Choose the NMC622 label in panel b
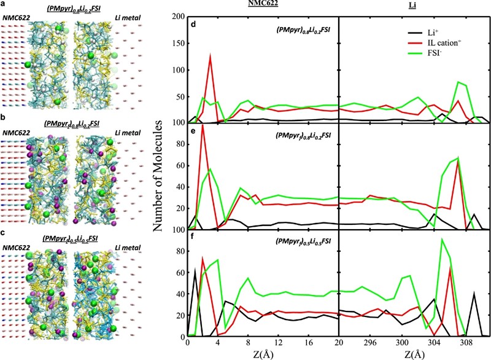(15, 132)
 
